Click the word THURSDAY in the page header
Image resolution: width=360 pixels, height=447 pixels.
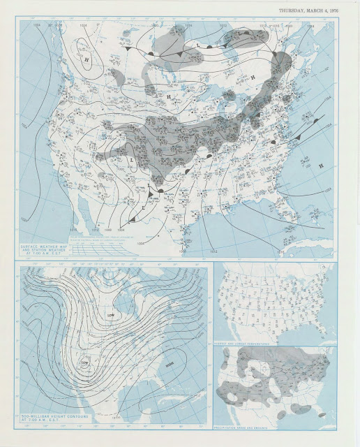pyautogui.click(x=293, y=10)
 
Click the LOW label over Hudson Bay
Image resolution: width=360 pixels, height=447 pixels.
pyautogui.click(x=111, y=315)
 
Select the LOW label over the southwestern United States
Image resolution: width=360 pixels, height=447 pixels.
pyautogui.click(x=85, y=362)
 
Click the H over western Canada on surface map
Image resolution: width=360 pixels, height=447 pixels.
pyautogui.click(x=87, y=60)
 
